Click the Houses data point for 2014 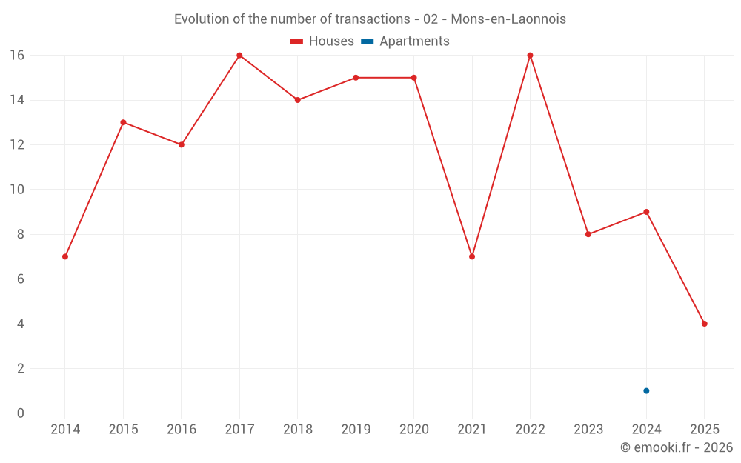[65, 256]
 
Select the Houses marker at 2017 [239, 56]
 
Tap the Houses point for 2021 [472, 256]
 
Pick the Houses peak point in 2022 [530, 56]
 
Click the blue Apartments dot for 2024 [646, 390]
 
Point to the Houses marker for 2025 [704, 324]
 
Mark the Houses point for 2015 [123, 122]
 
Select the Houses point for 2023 [588, 234]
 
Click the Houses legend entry [322, 41]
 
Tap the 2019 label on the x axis [356, 429]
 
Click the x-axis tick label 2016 [182, 429]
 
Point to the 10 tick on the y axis [16, 190]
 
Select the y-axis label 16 [16, 56]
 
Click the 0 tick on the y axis [20, 413]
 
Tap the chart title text [370, 19]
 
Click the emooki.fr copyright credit [676, 447]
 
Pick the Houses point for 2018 [297, 100]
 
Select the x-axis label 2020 [413, 429]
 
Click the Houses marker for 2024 [646, 212]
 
